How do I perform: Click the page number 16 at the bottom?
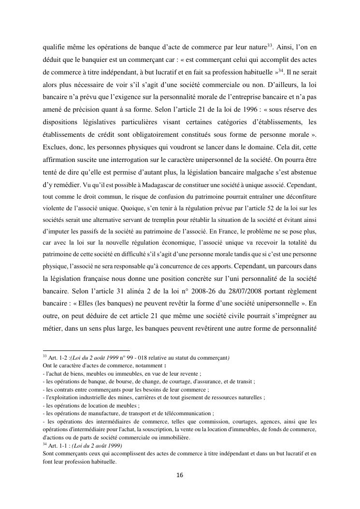(x=180, y=475)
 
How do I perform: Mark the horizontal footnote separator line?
(x=86, y=350)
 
